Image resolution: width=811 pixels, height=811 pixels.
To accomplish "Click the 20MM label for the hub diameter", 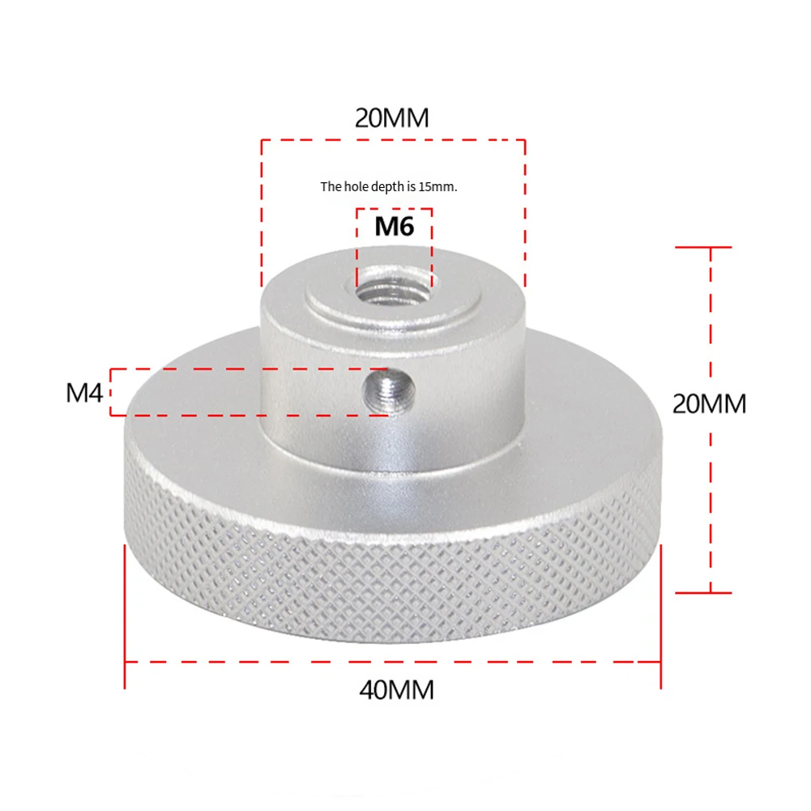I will (x=392, y=118).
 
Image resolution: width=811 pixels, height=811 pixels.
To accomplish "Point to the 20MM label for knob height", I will (x=709, y=403).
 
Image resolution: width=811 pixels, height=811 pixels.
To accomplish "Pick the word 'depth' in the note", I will (x=391, y=187).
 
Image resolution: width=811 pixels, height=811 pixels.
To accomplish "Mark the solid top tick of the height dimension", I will (x=703, y=247).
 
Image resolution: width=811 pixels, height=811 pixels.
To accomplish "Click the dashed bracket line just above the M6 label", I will (x=394, y=208).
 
